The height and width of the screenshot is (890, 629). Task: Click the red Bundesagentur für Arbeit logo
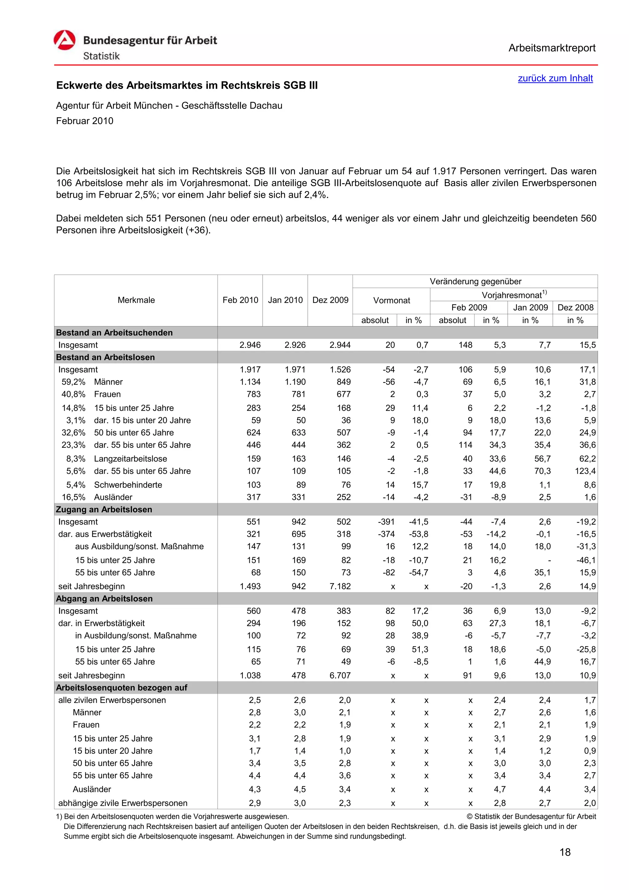64,40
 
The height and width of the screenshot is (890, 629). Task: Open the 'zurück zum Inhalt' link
555,78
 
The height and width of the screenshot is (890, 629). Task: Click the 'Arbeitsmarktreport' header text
552,48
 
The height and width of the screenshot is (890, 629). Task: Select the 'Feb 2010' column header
240,300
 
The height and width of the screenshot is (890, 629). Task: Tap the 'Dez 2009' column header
330,300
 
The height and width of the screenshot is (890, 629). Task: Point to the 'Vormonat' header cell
391,300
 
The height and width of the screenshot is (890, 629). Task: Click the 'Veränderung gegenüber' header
475,281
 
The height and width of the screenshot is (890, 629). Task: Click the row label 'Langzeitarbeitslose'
130,459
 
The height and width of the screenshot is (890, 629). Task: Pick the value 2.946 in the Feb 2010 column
250,345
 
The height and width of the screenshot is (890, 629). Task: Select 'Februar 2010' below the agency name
84,121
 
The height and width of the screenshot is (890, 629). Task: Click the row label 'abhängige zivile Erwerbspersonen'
123,803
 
